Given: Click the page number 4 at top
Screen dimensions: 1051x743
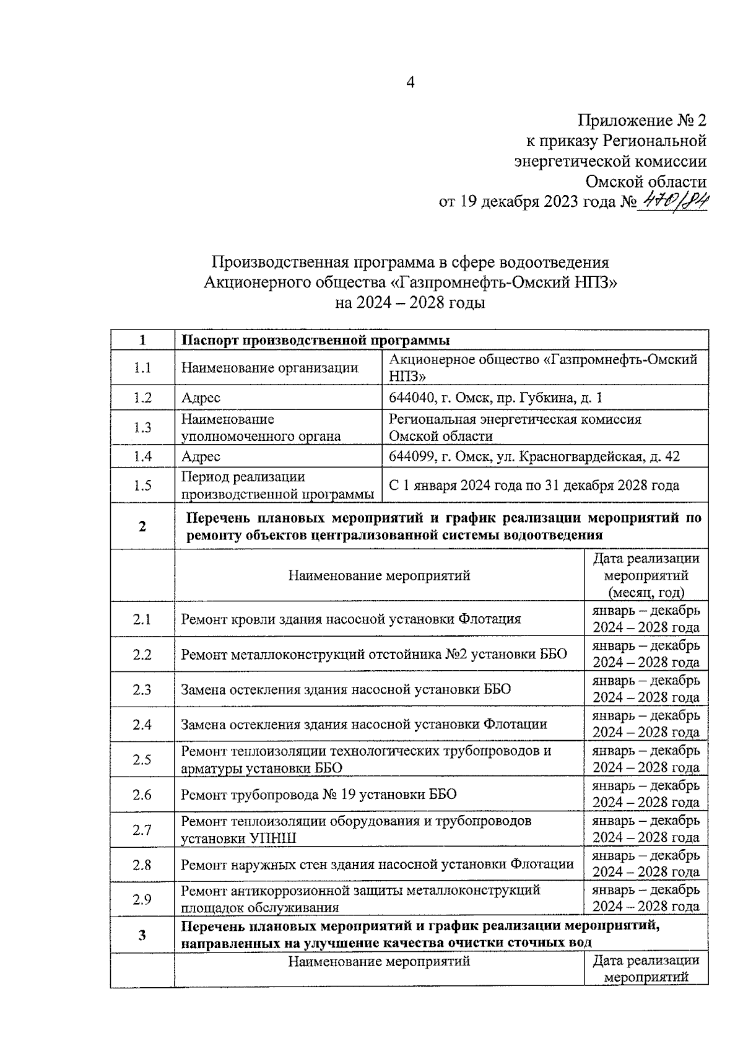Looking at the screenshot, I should (x=409, y=82).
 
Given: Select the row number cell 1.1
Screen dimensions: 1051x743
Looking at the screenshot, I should (x=142, y=368).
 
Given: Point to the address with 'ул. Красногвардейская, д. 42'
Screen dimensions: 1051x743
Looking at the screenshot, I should (x=534, y=456).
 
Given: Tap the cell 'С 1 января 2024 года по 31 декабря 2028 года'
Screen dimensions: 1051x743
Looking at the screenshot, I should (x=534, y=486).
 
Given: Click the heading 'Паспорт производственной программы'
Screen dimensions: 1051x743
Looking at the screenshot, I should (x=315, y=341).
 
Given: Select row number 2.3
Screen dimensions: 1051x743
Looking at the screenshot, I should (x=142, y=689).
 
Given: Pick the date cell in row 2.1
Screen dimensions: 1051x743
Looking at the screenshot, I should (x=646, y=619).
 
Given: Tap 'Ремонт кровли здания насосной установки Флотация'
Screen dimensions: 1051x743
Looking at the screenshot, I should (x=350, y=619).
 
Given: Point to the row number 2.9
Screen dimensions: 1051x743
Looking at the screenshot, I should (x=142, y=899).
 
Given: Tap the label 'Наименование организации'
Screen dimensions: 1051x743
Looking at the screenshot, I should (x=269, y=368).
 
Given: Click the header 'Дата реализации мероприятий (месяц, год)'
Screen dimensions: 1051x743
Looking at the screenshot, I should (x=646, y=575).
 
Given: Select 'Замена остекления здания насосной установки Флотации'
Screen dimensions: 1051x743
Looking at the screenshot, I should (x=363, y=724).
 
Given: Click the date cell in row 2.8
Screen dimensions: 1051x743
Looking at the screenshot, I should (x=646, y=864).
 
